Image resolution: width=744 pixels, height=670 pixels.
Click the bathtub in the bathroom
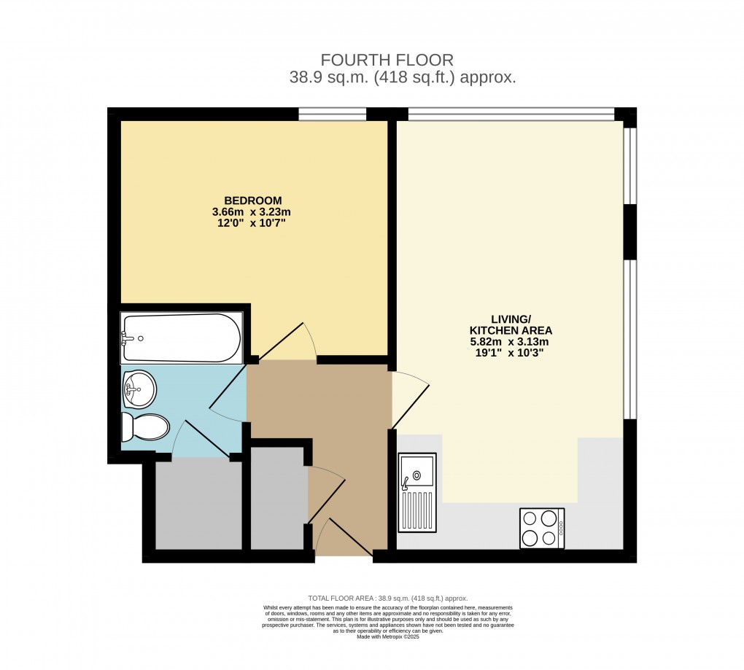(182, 338)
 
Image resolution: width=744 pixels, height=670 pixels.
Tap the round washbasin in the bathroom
(139, 389)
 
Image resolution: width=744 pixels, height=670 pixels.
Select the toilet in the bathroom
(145, 427)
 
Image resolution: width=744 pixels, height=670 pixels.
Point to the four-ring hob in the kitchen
(541, 528)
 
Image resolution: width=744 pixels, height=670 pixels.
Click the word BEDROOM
(252, 200)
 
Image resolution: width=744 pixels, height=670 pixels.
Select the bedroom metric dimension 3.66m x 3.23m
(252, 212)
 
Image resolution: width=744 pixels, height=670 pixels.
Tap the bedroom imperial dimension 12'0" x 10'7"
(252, 223)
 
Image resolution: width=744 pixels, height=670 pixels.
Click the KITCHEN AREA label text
(510, 330)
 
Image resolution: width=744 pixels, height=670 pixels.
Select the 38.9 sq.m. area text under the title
(402, 78)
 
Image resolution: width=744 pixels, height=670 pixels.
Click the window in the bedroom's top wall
(332, 114)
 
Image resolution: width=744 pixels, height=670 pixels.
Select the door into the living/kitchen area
(409, 397)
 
